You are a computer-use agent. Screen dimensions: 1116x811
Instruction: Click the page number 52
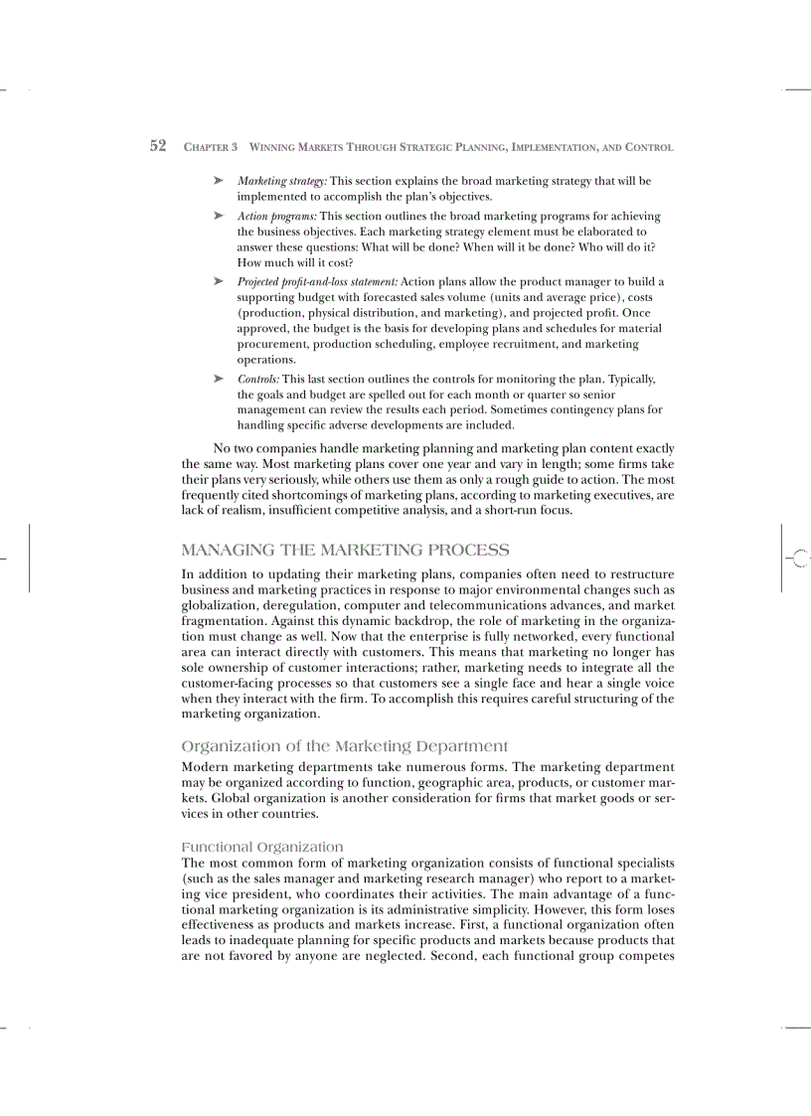pos(157,146)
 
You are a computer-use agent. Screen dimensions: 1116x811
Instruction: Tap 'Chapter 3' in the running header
pos(211,147)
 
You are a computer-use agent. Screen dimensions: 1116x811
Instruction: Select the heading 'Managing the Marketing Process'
pos(346,550)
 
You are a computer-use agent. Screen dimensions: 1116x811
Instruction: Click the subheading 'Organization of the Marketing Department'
pos(345,746)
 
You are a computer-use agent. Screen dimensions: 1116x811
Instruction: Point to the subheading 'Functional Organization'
pos(262,847)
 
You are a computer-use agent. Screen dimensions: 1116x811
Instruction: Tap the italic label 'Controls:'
pos(258,379)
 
